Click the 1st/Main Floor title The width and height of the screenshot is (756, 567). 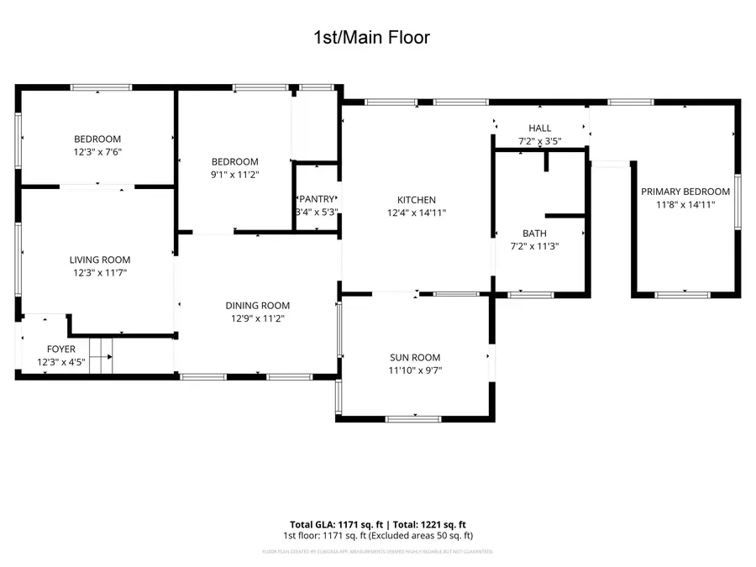point(371,38)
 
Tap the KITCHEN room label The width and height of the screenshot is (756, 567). point(417,200)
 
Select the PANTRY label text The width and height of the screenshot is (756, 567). point(317,199)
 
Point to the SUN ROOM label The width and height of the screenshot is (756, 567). point(415,358)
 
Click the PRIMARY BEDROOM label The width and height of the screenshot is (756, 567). point(685,192)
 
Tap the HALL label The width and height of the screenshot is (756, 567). point(539,129)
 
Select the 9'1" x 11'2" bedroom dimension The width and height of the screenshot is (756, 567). point(234,175)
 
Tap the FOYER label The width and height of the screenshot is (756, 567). point(60,349)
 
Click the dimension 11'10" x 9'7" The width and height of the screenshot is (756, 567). point(415,370)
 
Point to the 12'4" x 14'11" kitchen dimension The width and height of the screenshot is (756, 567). point(417,213)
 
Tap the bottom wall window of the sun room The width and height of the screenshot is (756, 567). point(414,417)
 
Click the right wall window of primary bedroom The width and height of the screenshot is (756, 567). point(738,202)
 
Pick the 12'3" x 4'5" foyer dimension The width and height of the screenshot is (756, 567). point(60,362)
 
